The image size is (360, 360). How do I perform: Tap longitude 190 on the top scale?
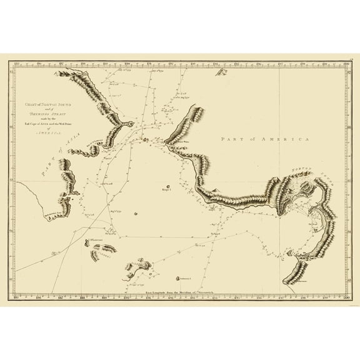(127, 63)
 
